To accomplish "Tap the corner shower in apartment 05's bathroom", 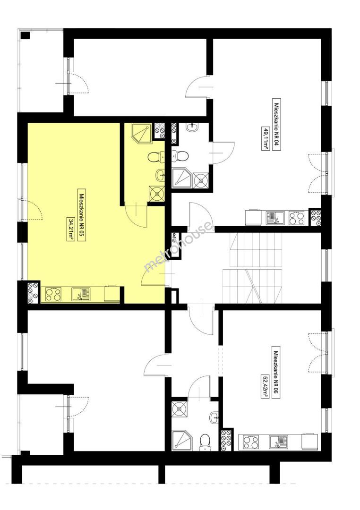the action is pos(142,133).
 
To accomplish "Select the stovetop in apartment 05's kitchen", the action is pos(53,294).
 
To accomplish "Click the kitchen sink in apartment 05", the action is pos(80,294).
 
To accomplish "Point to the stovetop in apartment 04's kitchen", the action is pos(297,218).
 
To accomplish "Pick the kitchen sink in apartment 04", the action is pos(275,218).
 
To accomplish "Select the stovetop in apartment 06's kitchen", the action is pos(251,442).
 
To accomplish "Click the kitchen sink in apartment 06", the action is pos(278,442).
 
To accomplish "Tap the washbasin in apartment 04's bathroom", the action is pos(192,127).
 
